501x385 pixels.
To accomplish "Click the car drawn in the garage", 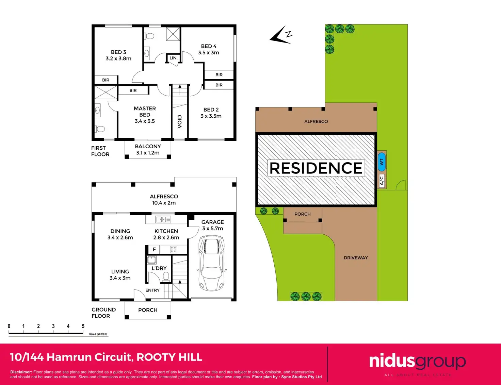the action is click(211, 264).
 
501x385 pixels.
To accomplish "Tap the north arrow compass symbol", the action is click(281, 35).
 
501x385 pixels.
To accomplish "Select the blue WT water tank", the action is click(382, 162).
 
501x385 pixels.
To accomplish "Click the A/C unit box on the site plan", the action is click(382, 181).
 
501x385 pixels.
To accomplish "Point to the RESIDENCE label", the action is click(316, 168).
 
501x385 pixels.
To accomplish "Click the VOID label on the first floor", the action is click(180, 122).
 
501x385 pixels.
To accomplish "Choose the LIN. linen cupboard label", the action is click(174, 58).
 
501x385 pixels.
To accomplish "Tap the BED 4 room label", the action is click(209, 49).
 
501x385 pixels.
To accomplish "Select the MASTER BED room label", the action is click(145, 115).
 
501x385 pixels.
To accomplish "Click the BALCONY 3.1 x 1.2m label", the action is click(148, 150).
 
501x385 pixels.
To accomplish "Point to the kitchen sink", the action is click(163, 219).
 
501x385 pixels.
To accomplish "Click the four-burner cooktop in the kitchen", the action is click(174, 250).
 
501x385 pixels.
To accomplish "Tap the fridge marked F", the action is click(154, 250).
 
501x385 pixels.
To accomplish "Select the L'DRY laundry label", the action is click(159, 268).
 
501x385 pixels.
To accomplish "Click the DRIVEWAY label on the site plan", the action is click(356, 258).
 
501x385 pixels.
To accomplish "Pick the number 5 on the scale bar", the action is click(83, 326).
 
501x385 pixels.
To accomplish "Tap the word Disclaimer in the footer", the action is click(21, 372).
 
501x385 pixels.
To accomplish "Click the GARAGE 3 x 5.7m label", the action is click(212, 225).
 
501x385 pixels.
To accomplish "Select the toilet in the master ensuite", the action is click(100, 129).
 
